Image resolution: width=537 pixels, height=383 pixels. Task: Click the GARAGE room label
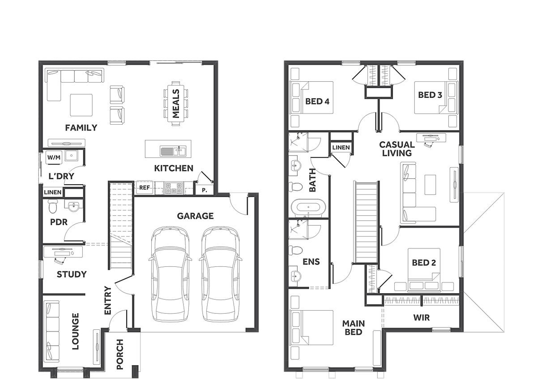pos(195,216)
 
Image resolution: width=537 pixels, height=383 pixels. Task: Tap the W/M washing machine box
pos(54,157)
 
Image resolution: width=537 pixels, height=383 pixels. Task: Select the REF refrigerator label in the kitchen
pos(145,188)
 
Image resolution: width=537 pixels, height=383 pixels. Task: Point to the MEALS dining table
pos(176,103)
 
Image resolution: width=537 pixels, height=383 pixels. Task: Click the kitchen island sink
pos(173,151)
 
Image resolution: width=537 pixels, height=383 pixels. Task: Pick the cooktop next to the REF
pos(174,188)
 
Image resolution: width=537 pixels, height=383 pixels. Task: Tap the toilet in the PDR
pos(52,206)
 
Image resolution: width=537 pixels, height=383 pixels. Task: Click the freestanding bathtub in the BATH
pos(308,207)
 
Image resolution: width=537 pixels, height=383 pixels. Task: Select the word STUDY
pos(72,274)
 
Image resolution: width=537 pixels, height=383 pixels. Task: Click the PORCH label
pos(119,354)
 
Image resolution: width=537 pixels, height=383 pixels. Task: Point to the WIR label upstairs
pos(421,318)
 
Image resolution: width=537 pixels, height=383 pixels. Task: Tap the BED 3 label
pos(430,95)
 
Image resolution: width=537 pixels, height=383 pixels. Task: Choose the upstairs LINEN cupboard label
pos(341,147)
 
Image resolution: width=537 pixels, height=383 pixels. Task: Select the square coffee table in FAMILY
pos(81,105)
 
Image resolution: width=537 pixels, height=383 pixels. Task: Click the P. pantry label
pos(204,190)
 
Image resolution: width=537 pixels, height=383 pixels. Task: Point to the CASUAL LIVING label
pos(397,149)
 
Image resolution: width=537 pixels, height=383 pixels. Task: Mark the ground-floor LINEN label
pos(52,192)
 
